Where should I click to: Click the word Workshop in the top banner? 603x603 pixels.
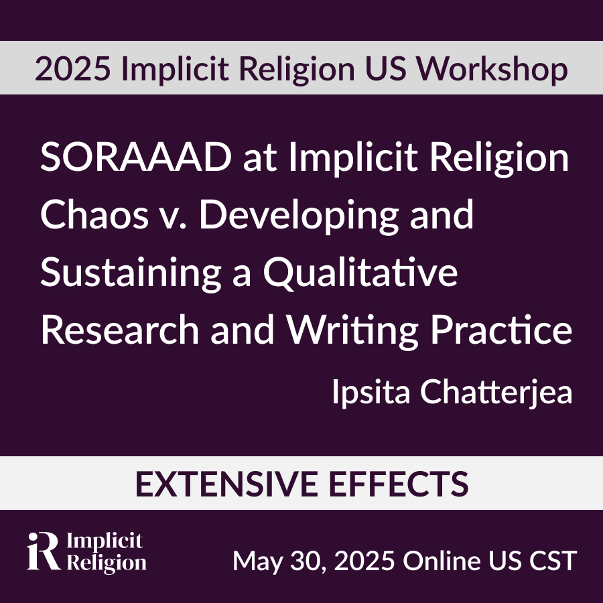click(x=492, y=69)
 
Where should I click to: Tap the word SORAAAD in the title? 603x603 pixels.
click(x=136, y=157)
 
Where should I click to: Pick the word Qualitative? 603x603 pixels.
click(x=360, y=272)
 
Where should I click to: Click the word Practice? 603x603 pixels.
click(x=501, y=329)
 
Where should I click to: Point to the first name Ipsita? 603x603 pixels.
click(x=371, y=392)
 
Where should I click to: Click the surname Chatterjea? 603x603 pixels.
click(x=496, y=392)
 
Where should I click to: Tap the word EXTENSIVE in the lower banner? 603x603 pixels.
click(x=226, y=484)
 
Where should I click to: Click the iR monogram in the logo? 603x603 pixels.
click(x=43, y=551)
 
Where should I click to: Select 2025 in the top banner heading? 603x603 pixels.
click(x=72, y=69)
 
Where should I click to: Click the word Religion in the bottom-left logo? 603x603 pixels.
click(x=107, y=563)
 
